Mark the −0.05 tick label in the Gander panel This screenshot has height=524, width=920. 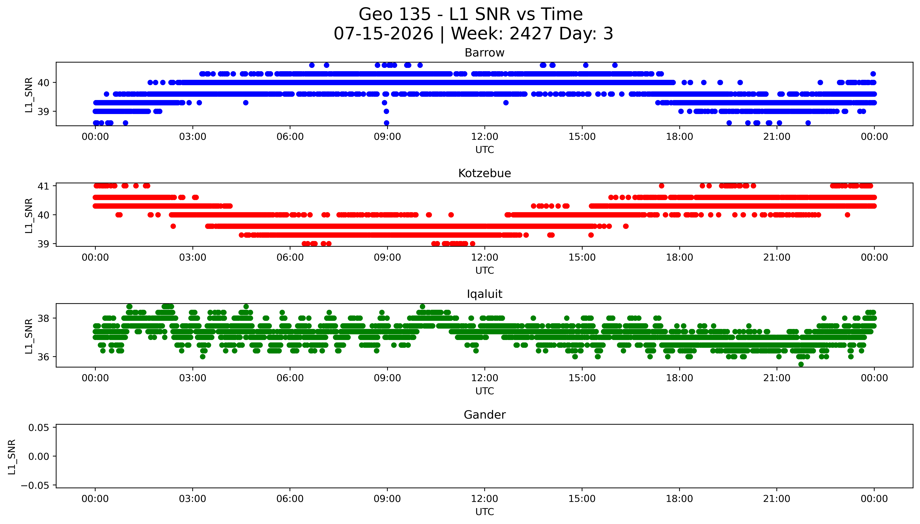(35, 485)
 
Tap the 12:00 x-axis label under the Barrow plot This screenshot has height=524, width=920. (485, 137)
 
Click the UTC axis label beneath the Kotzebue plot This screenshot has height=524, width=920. (485, 270)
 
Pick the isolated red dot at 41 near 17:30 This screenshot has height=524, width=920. (661, 186)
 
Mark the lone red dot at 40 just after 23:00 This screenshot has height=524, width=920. (847, 215)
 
